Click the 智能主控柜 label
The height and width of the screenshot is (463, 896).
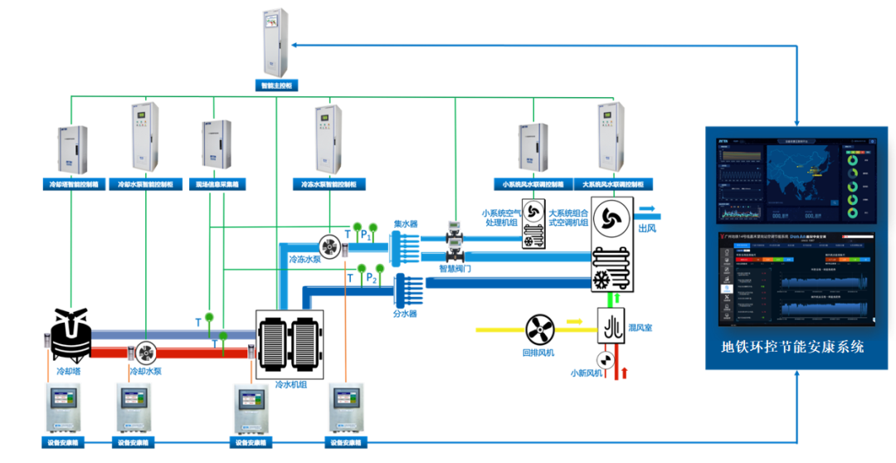coord(276,85)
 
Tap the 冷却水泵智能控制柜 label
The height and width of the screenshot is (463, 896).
coord(146,184)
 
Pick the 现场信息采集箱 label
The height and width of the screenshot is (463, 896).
coord(216,184)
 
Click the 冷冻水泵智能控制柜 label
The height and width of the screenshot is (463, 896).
coord(329,184)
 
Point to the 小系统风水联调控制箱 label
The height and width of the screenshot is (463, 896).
coord(532,184)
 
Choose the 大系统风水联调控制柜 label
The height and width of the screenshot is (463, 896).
coord(612,184)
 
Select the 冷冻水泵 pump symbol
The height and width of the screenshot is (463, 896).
coord(329,245)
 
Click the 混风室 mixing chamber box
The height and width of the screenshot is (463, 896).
coord(611,324)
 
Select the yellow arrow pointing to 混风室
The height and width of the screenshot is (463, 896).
coord(574,319)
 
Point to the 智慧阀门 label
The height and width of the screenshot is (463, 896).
coord(455,269)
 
